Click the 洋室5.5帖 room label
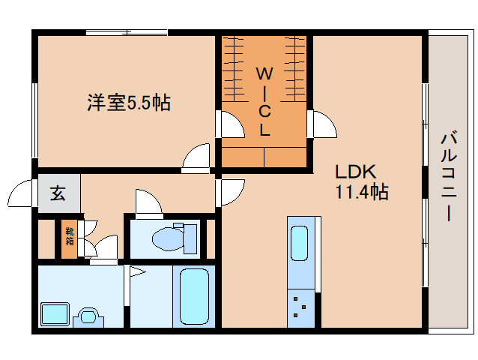(x=127, y=103)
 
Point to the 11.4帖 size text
(x=360, y=192)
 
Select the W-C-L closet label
(x=264, y=100)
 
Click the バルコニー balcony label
(x=449, y=176)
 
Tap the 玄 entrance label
(x=58, y=193)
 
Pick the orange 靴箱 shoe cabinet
(x=69, y=236)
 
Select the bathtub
(x=194, y=297)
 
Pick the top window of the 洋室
(x=126, y=31)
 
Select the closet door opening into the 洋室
(x=230, y=124)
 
